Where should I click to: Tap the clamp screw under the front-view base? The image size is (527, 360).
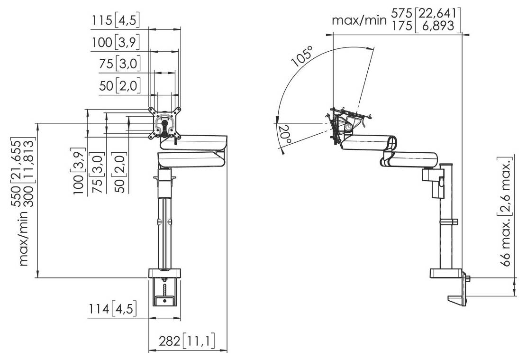[x=165, y=289]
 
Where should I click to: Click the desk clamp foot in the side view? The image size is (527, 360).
[x=458, y=299]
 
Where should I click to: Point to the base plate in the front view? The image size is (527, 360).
[x=165, y=273]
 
